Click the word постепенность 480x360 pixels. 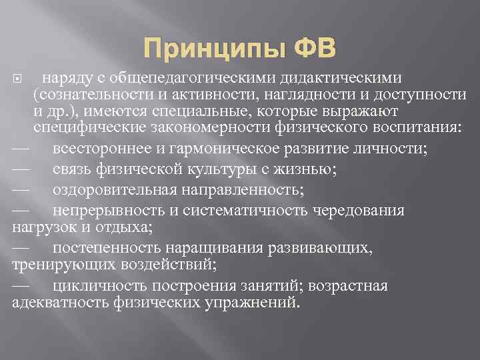point(104,248)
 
